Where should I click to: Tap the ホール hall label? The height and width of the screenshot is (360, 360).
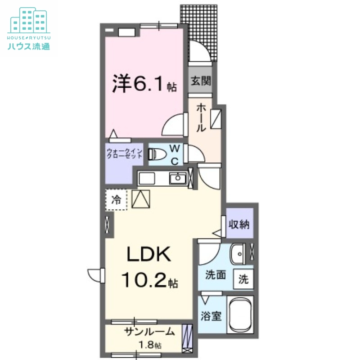pyautogui.click(x=201, y=118)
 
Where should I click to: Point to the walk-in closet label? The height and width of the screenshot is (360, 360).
pyautogui.click(x=124, y=153)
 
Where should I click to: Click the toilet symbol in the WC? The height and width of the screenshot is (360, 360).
pyautogui.click(x=155, y=154)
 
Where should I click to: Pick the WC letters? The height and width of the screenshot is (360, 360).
pyautogui.click(x=175, y=154)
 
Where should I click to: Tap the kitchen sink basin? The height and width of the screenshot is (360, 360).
pyautogui.click(x=177, y=179)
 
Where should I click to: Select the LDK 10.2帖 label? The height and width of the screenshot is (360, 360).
pyautogui.click(x=148, y=268)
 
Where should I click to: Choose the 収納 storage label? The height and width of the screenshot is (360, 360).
pyautogui.click(x=238, y=223)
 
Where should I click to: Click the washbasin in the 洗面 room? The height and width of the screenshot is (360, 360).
pyautogui.click(x=237, y=255)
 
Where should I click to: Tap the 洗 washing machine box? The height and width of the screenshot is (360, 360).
pyautogui.click(x=243, y=279)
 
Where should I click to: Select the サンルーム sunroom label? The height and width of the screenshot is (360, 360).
pyautogui.click(x=149, y=333)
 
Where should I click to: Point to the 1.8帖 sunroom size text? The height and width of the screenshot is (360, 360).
pyautogui.click(x=150, y=346)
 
